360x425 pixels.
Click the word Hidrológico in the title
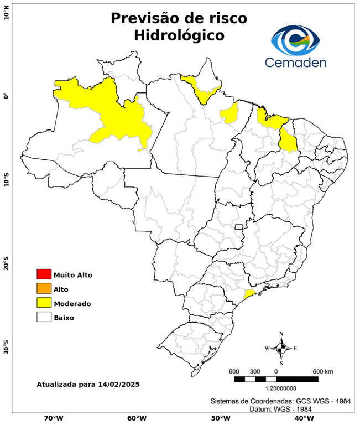(179, 35)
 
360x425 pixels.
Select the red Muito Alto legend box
(44, 274)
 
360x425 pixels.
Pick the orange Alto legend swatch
(44, 289)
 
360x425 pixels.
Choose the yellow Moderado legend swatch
(44, 303)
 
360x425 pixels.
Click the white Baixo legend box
(44, 318)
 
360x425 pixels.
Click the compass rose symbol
(281, 348)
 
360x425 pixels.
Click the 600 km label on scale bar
(323, 371)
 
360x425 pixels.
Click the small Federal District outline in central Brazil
(239, 227)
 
